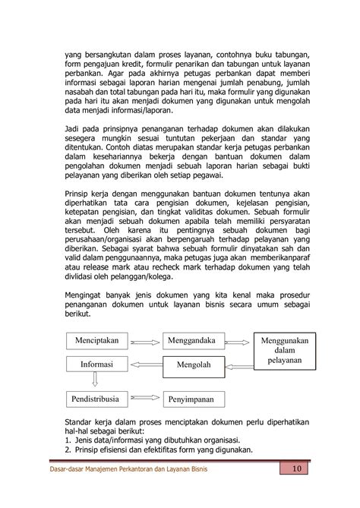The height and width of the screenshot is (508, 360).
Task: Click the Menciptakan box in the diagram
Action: pyautogui.click(x=103, y=341)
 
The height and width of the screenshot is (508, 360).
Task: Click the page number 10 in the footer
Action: pyautogui.click(x=296, y=469)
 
